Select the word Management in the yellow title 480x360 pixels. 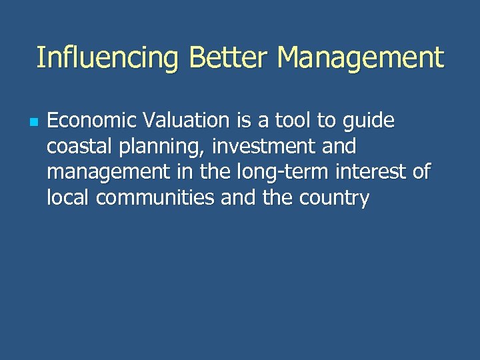361,58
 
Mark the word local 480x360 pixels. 68,197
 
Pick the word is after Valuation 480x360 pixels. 241,121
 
